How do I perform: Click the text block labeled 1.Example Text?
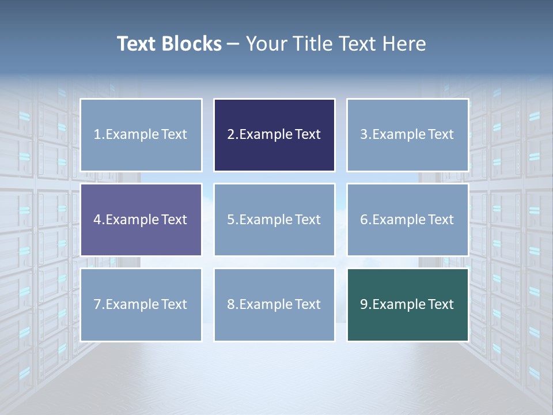[x=141, y=135]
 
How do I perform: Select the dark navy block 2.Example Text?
[x=274, y=135]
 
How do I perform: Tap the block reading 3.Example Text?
[x=407, y=135]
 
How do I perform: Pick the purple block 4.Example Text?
[x=141, y=220]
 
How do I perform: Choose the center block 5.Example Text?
[x=274, y=220]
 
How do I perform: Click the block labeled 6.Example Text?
[x=407, y=220]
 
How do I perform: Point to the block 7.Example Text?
[x=141, y=304]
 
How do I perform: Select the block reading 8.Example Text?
[x=274, y=304]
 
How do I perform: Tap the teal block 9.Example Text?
[x=407, y=304]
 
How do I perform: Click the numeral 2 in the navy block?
[x=230, y=135]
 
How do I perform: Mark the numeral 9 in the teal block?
[x=363, y=304]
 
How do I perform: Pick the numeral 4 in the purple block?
[x=97, y=220]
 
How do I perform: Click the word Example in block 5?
[x=266, y=220]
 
